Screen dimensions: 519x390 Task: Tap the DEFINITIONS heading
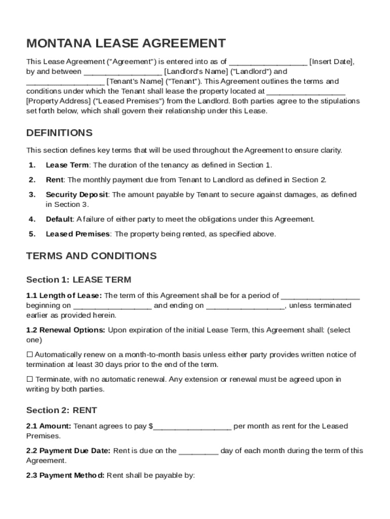(x=59, y=133)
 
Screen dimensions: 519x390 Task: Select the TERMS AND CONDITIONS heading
(x=91, y=256)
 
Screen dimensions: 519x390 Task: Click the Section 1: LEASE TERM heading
(x=79, y=280)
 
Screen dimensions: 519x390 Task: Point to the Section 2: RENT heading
(x=61, y=410)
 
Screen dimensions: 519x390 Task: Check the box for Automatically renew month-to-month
(x=29, y=355)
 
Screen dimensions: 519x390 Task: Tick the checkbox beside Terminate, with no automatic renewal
(x=29, y=379)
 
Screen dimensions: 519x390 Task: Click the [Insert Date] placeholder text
(x=331, y=62)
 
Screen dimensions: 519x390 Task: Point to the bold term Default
(x=59, y=219)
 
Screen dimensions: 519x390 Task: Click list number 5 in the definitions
(x=32, y=234)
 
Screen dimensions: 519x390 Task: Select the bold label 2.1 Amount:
(x=49, y=426)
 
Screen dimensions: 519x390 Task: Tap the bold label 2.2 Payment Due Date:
(x=68, y=451)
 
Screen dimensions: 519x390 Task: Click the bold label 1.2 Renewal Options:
(x=66, y=330)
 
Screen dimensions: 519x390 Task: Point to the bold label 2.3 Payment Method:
(x=65, y=475)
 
